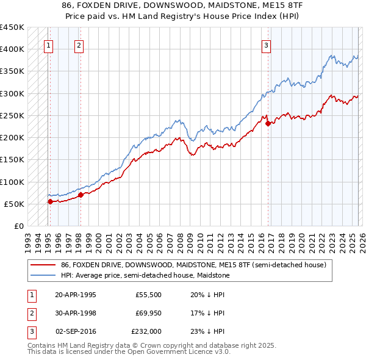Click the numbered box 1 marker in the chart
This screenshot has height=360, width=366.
(x=48, y=45)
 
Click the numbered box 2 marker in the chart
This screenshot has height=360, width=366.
(x=79, y=45)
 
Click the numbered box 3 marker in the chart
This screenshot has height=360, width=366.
(x=267, y=45)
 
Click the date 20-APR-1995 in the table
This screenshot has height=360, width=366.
(x=76, y=294)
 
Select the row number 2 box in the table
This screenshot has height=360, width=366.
(x=31, y=313)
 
